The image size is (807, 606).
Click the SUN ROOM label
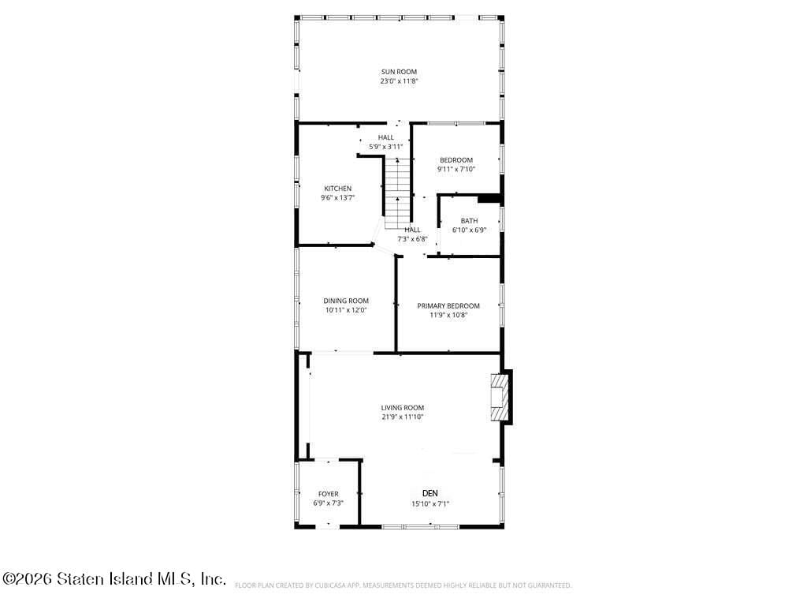click(x=399, y=72)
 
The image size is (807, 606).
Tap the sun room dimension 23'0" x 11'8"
click(x=399, y=81)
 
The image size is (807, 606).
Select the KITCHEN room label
click(x=337, y=189)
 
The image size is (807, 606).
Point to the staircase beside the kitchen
click(x=399, y=189)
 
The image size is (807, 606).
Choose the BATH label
click(x=469, y=221)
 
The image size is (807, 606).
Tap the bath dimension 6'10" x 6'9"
click(x=469, y=230)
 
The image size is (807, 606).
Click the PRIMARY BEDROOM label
click(x=448, y=305)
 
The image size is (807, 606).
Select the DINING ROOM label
click(x=346, y=301)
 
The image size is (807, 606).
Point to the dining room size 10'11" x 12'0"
click(x=346, y=310)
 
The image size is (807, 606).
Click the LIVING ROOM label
click(x=403, y=408)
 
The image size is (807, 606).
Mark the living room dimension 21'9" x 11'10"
click(x=403, y=417)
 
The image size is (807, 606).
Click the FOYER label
click(x=328, y=494)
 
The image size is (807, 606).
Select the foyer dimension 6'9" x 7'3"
click(x=328, y=503)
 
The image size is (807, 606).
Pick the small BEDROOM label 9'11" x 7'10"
click(x=456, y=160)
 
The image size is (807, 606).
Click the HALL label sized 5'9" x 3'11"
click(x=385, y=137)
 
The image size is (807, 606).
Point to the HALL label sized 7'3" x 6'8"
click(x=412, y=230)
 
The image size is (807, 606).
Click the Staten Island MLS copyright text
click(x=114, y=579)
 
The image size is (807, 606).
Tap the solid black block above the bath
click(x=490, y=198)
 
